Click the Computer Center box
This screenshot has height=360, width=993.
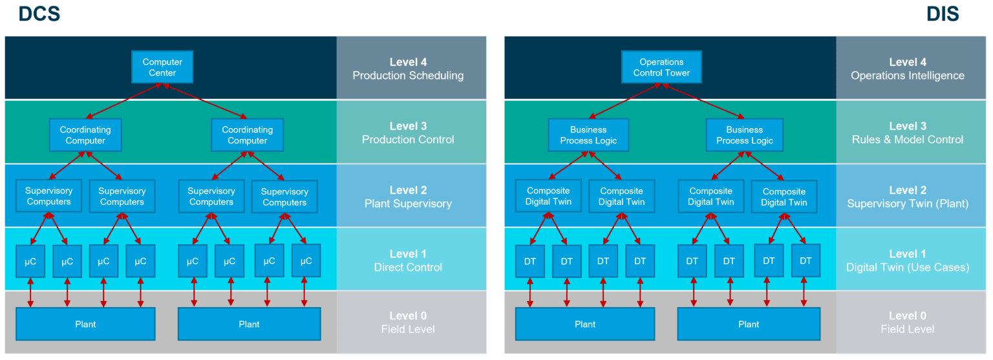tap(162, 67)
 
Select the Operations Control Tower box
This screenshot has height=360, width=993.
tap(661, 67)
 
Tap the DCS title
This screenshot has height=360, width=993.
tap(31, 14)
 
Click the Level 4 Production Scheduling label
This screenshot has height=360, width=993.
tap(408, 69)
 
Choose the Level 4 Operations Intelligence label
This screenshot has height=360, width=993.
tap(907, 69)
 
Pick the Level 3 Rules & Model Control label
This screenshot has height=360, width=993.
tap(907, 132)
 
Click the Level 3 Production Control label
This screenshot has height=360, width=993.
tap(408, 132)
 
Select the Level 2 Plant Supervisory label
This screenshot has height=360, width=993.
tap(408, 196)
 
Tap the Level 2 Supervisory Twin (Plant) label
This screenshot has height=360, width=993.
tap(907, 196)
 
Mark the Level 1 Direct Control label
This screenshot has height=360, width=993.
tap(408, 260)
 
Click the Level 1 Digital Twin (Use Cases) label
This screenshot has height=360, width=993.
tap(907, 260)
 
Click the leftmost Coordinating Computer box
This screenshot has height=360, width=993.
tap(85, 135)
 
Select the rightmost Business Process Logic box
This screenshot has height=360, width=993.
tap(744, 135)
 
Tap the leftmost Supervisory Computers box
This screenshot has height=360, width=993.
tap(49, 196)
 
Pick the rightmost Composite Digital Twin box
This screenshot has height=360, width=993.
tap(784, 196)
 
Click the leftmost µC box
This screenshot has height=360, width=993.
tap(30, 261)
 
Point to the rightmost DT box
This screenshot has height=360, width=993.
tap(806, 260)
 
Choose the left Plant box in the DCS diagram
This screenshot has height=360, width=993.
tap(85, 324)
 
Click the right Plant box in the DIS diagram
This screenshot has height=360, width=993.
tap(749, 324)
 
